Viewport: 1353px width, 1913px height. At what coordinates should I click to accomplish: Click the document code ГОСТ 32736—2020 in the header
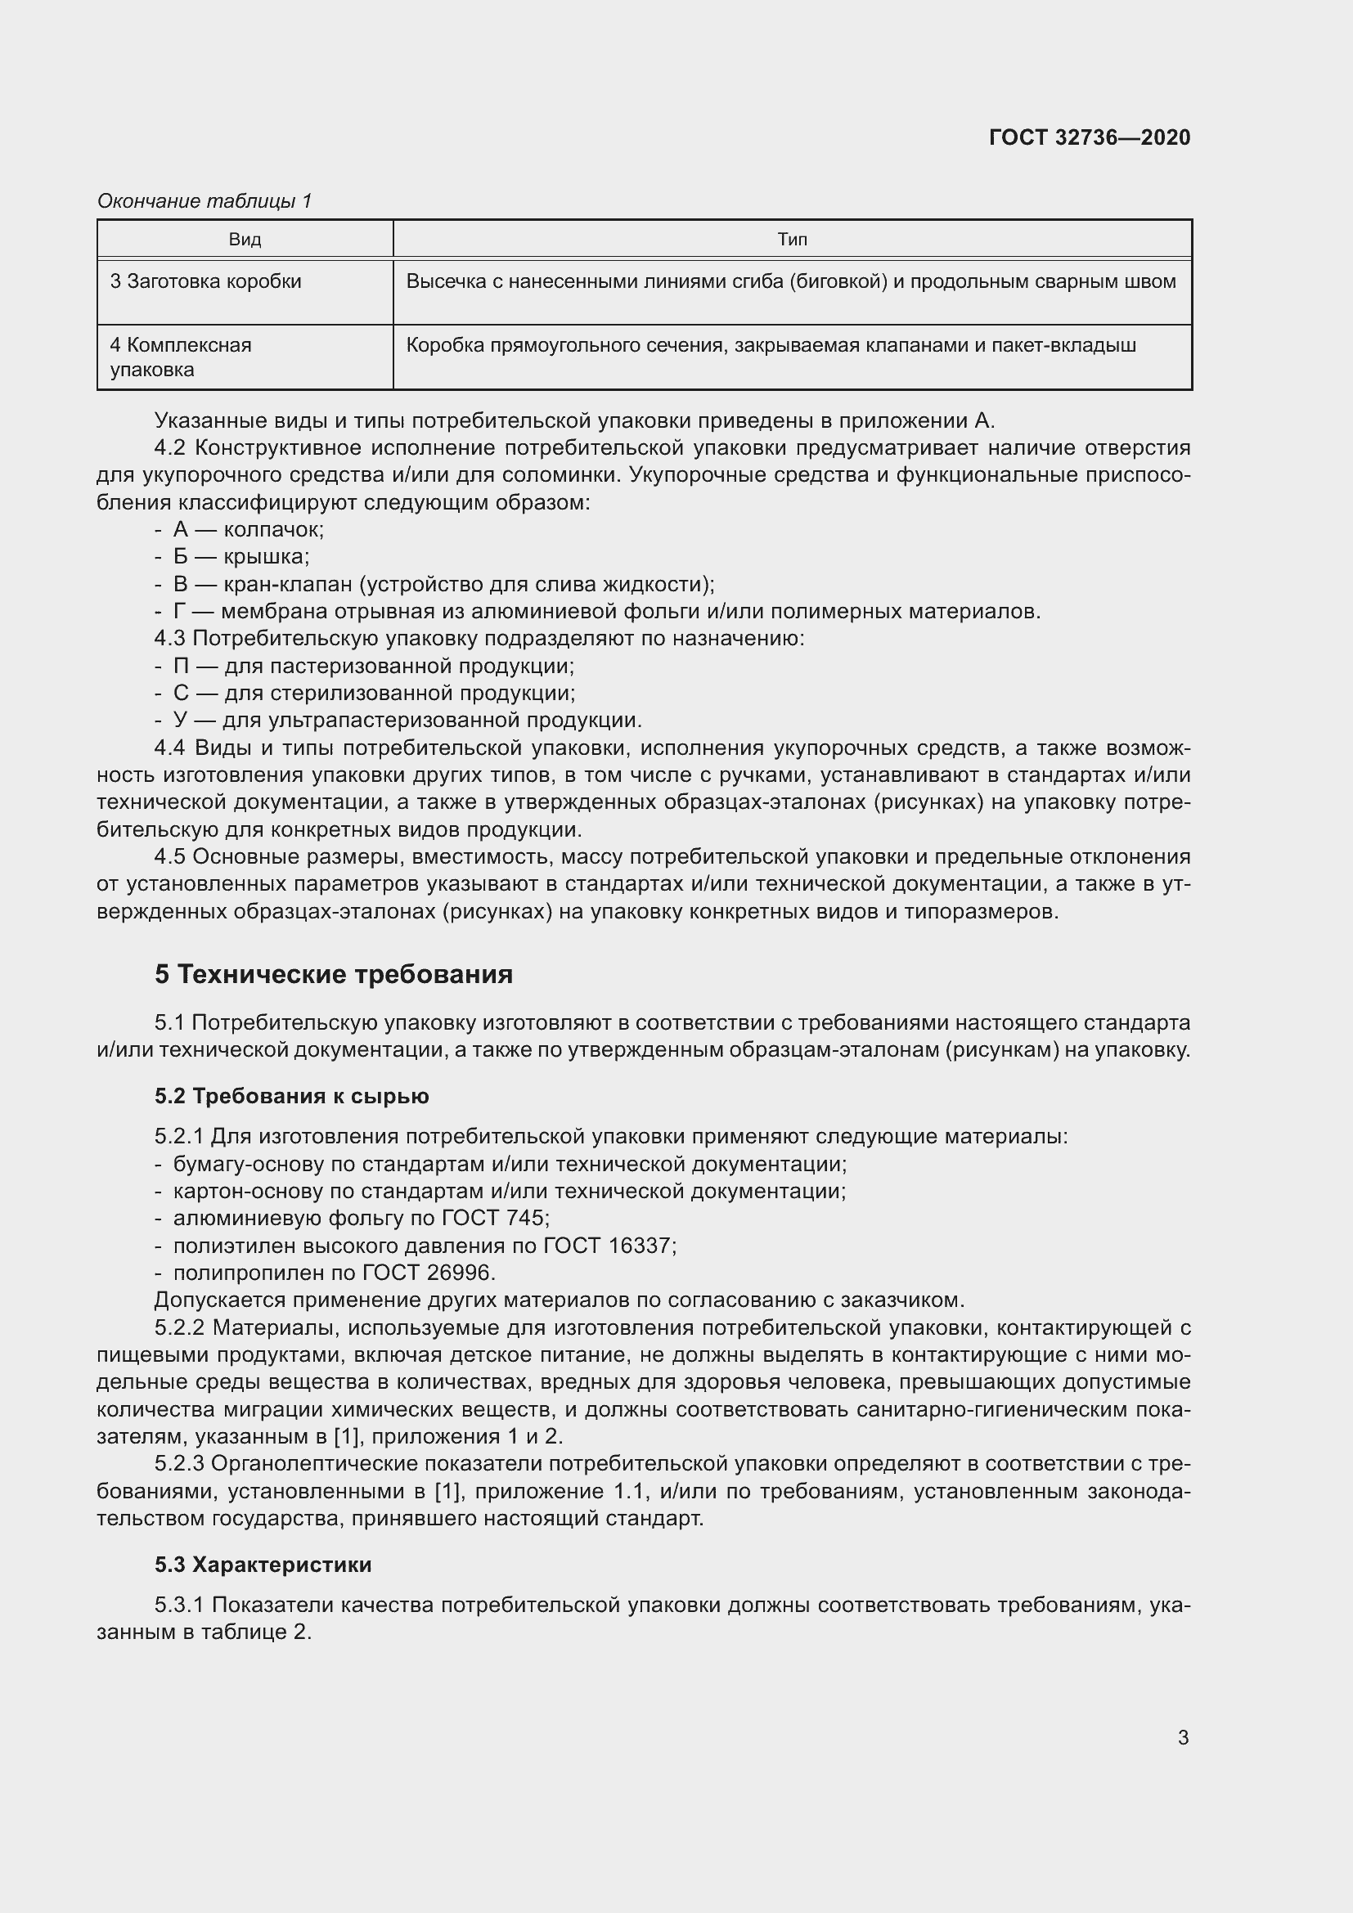[1089, 137]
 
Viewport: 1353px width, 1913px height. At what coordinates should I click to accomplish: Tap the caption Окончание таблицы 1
[205, 201]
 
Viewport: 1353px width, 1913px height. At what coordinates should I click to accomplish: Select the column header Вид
[245, 240]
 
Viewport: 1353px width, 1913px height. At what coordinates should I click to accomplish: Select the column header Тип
[792, 240]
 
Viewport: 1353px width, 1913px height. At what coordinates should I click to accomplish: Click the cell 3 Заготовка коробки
[206, 281]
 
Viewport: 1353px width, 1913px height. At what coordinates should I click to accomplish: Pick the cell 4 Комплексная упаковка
[181, 357]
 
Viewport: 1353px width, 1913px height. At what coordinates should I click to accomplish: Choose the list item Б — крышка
[240, 557]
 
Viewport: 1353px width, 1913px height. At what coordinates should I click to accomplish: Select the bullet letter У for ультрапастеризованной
[181, 720]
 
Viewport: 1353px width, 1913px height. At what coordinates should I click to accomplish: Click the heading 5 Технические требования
[333, 974]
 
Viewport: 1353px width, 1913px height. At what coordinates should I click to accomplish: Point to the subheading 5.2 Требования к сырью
[291, 1097]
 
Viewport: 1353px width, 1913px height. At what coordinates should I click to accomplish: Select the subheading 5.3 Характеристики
[263, 1565]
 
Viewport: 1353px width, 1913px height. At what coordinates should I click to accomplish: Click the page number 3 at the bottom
[1183, 1738]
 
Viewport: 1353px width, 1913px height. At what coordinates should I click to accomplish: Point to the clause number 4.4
[170, 748]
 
